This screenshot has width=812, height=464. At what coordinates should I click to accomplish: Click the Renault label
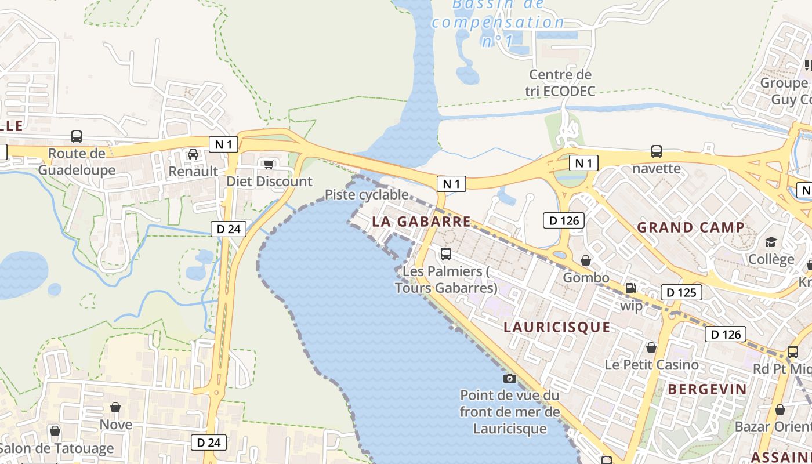193,171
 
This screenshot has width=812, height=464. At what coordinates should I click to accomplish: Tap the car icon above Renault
193,154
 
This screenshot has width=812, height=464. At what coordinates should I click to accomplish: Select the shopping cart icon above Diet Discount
269,165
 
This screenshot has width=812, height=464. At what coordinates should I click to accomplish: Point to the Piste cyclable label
367,194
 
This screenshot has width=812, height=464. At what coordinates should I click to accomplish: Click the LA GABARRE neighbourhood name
422,222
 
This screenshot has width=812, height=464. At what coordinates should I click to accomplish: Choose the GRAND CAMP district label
691,227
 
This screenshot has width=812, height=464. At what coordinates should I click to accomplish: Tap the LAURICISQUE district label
557,327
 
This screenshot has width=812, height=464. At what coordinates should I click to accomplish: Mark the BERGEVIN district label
707,389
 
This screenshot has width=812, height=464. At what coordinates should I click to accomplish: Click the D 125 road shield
681,292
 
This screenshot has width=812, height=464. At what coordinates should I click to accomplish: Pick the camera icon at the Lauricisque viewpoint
509,379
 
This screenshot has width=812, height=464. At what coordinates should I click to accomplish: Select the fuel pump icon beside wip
630,288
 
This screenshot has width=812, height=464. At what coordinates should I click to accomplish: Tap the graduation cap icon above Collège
771,242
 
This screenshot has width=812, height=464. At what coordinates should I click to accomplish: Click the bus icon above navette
656,151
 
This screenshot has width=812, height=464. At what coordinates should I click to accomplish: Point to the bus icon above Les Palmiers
445,253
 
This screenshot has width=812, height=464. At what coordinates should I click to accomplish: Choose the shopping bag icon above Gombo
586,260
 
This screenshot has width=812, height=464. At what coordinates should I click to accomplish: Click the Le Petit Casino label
651,365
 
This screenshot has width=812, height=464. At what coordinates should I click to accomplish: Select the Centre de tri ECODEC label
560,83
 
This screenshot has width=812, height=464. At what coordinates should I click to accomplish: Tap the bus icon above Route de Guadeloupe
76,136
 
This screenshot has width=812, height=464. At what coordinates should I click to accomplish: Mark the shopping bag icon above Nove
115,407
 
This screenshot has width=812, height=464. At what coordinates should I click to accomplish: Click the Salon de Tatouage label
57,448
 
